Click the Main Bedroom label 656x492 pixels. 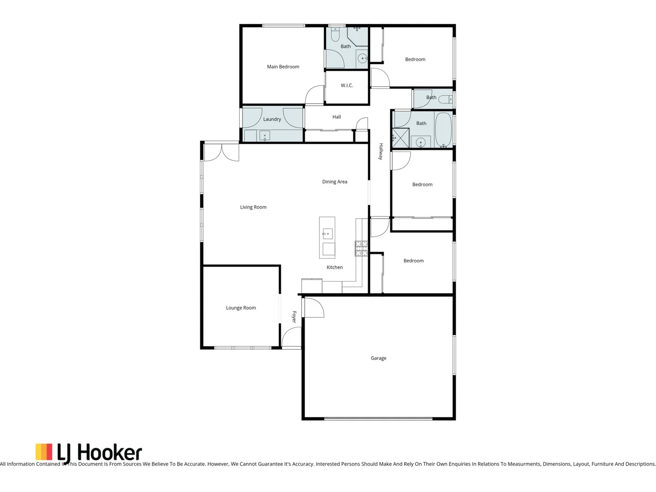(283, 67)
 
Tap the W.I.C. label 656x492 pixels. (347, 86)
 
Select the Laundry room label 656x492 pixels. (272, 119)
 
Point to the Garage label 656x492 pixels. (378, 359)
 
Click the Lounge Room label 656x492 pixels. (241, 308)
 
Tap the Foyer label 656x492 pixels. (294, 317)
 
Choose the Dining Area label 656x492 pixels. (334, 182)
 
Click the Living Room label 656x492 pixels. (253, 207)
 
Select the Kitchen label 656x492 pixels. (334, 267)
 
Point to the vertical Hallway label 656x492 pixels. (381, 152)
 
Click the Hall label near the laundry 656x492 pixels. (336, 117)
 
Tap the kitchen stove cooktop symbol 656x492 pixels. (361, 248)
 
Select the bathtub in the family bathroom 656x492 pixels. (443, 129)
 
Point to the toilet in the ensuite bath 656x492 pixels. (335, 35)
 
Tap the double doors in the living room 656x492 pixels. (221, 152)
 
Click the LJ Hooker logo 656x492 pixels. (89, 453)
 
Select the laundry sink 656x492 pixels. (264, 136)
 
